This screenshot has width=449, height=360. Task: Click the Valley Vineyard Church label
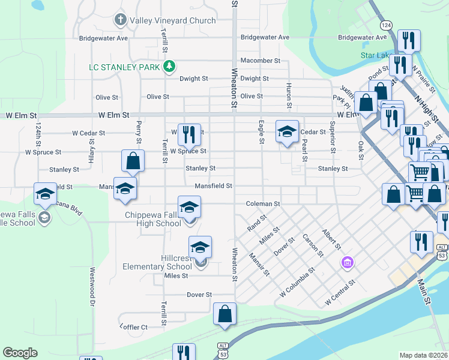[x=173, y=20]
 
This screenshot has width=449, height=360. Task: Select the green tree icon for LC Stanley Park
[x=170, y=65]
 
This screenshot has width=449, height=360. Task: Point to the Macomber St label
[x=260, y=61]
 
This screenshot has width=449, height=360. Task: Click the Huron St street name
[x=289, y=95]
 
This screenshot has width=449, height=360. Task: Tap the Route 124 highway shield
[x=386, y=25]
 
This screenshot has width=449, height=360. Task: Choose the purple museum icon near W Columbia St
[x=346, y=262]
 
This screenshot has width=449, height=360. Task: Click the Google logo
[x=20, y=353]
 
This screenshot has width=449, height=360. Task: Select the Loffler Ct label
[x=133, y=327]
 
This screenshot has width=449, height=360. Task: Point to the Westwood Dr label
[x=93, y=296]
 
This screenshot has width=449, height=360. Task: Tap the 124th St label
[x=38, y=136]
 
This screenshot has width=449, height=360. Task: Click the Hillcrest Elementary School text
[x=157, y=262]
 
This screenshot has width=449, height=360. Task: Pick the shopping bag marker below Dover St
[x=224, y=314]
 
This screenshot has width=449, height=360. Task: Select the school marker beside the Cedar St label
[x=287, y=131]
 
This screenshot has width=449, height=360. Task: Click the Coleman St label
[x=263, y=204]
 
